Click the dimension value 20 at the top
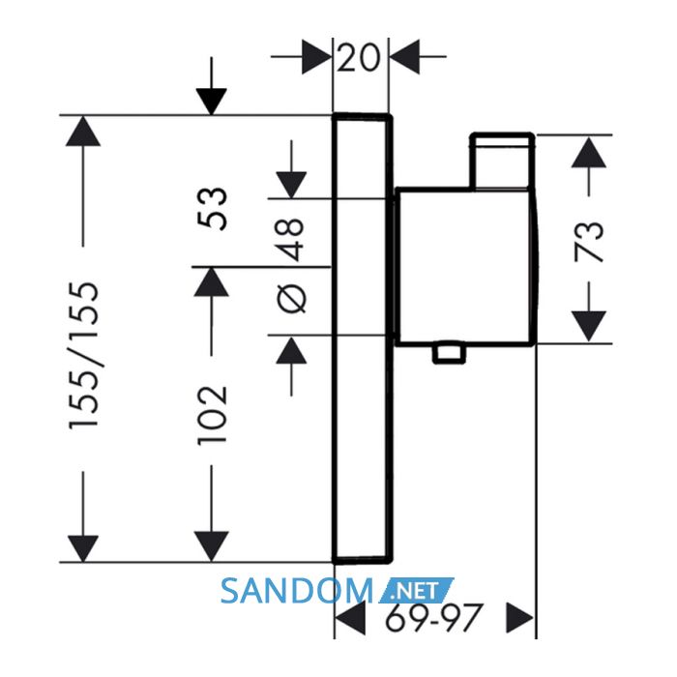coord(358,57)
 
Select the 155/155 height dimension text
coord(84,356)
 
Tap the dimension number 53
coord(212,209)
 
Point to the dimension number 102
coord(212,415)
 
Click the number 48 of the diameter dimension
coord(291,240)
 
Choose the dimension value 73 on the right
coord(588,242)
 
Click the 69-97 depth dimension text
coord(432,617)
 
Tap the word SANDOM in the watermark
coord(297,591)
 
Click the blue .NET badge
coord(416,590)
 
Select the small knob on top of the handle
coord(503,162)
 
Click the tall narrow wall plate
coord(363,338)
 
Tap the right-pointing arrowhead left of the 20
coord(316,57)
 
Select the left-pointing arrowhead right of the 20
coord(405,57)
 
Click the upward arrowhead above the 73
coord(589,152)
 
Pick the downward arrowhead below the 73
coord(589,327)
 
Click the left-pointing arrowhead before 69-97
coord(350,617)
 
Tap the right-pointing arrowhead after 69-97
coord(520,617)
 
